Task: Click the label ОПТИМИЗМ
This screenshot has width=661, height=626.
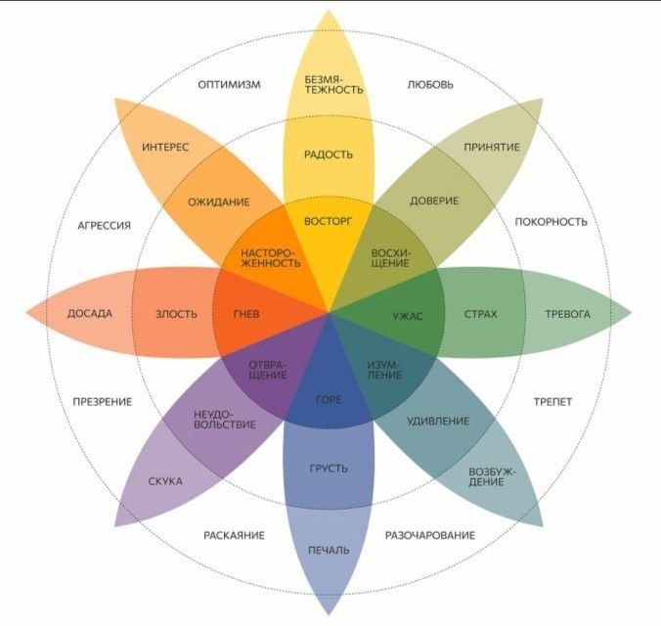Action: click(229, 85)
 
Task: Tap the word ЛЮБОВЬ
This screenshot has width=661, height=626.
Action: click(430, 85)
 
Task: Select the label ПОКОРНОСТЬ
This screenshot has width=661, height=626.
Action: click(551, 222)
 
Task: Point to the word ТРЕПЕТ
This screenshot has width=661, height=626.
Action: click(552, 402)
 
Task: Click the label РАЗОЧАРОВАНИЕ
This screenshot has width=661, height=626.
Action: click(430, 536)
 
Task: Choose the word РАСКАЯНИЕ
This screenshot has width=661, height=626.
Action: click(236, 536)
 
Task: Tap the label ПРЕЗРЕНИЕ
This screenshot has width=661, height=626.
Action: click(103, 402)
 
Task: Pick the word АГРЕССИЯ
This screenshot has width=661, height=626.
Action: click(104, 226)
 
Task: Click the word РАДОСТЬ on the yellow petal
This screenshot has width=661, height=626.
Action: click(329, 155)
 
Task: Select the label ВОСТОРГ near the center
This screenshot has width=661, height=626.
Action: click(329, 221)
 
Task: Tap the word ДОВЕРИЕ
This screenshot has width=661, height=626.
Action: click(434, 201)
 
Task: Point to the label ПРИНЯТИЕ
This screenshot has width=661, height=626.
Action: click(492, 148)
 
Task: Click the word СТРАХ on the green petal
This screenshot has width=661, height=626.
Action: click(481, 315)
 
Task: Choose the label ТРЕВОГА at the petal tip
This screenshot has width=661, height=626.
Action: click(568, 315)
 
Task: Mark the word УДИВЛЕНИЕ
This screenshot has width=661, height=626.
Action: click(436, 422)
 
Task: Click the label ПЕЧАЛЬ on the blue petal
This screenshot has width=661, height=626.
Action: click(329, 550)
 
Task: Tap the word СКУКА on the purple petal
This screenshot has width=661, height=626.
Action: click(165, 481)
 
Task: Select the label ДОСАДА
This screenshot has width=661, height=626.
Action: click(90, 315)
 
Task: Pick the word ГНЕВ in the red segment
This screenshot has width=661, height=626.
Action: click(245, 315)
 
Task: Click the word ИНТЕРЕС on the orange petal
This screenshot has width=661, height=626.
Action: click(165, 148)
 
